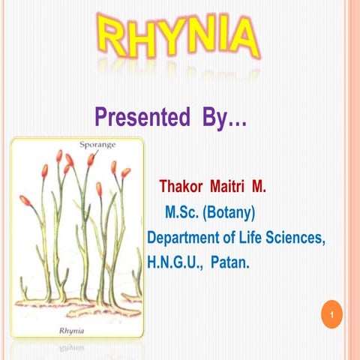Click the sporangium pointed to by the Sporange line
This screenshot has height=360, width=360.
(91, 159)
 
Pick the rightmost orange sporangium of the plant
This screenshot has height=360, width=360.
(125, 172)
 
